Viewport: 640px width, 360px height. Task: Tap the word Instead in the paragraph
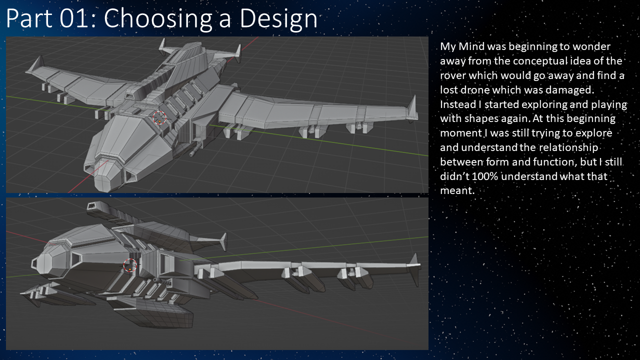coord(457,104)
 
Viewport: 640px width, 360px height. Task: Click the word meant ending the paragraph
coord(455,190)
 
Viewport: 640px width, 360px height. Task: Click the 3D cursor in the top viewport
coord(159,118)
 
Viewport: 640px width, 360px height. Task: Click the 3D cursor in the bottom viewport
coord(130,266)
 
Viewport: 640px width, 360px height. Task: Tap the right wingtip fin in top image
coord(412,106)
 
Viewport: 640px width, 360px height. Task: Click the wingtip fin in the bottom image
coord(414,265)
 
